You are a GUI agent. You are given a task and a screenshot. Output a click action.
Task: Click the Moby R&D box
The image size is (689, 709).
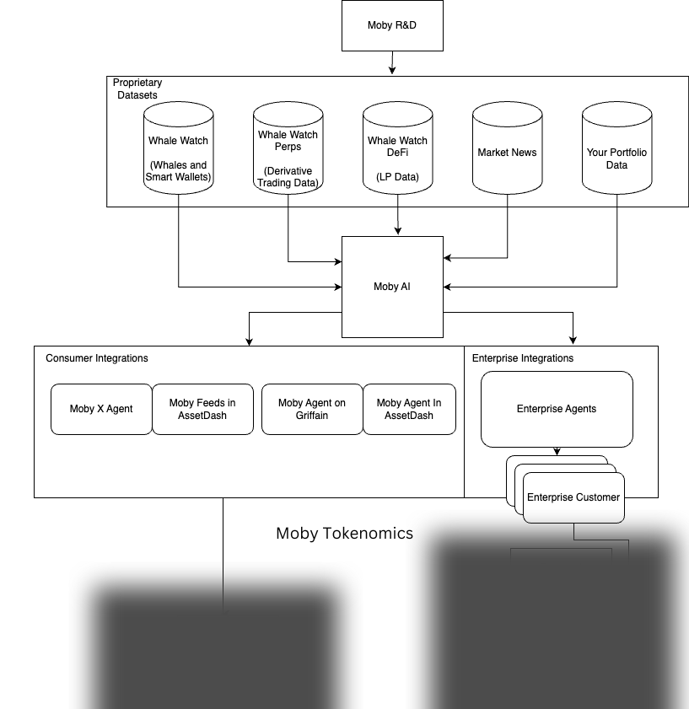(392, 25)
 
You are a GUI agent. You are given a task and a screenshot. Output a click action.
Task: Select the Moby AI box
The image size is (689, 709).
(392, 287)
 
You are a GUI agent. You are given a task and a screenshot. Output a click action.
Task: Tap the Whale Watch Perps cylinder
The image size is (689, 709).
(288, 153)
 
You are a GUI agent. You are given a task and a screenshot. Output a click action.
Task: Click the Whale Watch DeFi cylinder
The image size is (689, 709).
(398, 153)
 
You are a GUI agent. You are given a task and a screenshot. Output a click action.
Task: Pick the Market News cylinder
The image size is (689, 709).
(507, 153)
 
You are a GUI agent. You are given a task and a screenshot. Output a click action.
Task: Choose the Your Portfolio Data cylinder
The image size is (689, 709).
(616, 153)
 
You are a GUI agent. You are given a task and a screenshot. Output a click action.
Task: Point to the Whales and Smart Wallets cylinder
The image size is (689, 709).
(178, 153)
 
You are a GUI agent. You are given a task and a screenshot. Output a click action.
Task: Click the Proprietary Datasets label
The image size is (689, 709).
(137, 89)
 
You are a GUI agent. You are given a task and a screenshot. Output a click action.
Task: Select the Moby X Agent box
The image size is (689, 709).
(101, 409)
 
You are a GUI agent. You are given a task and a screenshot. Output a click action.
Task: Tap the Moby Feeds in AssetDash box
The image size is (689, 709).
(202, 409)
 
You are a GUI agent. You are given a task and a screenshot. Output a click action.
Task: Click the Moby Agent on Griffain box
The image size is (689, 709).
(312, 409)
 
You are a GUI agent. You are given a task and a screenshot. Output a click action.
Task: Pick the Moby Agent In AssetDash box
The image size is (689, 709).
(409, 409)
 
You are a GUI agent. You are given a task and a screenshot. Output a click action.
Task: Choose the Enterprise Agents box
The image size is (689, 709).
(557, 409)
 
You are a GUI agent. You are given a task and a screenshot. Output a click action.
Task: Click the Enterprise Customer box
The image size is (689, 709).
(573, 497)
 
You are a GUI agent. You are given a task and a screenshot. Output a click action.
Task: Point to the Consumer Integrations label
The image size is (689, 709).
(97, 358)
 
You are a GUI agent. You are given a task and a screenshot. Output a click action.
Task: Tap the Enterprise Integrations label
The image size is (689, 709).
(523, 358)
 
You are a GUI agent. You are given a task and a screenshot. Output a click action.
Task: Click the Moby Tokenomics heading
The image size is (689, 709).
(345, 533)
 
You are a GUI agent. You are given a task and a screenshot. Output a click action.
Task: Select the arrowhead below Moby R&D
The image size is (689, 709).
(392, 71)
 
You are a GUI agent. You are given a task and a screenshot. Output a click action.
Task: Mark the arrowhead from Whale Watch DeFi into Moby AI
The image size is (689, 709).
(398, 231)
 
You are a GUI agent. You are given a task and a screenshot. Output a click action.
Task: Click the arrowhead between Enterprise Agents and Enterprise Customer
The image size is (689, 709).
(557, 452)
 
